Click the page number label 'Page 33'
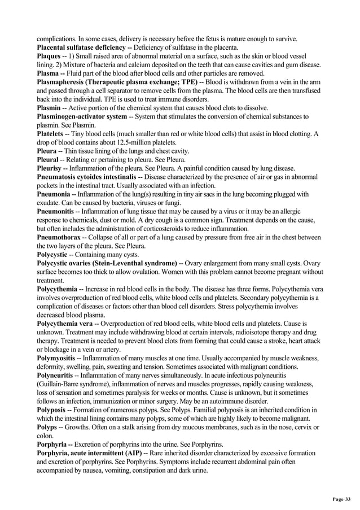point(340,499)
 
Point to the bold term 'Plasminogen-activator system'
point(82,116)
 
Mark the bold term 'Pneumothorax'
point(58,237)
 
